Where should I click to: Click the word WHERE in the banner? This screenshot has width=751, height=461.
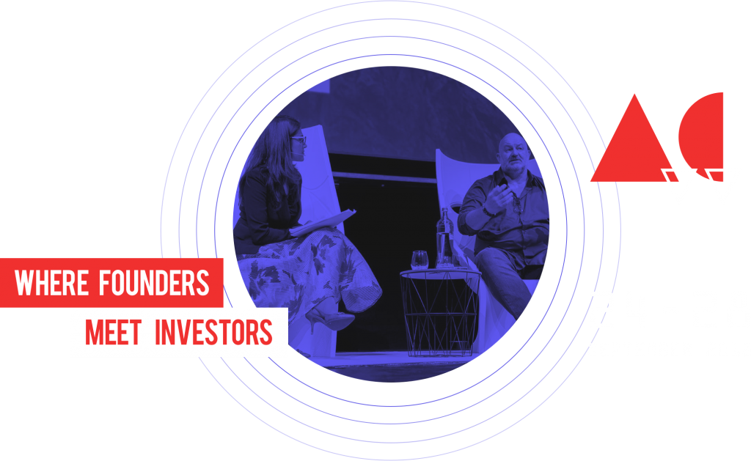click(x=51, y=282)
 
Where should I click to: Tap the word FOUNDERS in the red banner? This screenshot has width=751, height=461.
click(x=154, y=282)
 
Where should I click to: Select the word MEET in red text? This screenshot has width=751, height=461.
click(x=113, y=332)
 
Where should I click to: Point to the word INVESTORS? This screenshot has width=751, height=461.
click(x=213, y=332)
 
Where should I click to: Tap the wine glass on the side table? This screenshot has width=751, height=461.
click(x=419, y=260)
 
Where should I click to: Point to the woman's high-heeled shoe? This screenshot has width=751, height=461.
click(x=331, y=318)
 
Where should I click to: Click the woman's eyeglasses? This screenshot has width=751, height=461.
click(x=298, y=141)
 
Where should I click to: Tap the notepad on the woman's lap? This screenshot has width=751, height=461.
click(x=323, y=223)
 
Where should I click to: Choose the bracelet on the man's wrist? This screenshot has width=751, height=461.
click(x=488, y=211)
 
